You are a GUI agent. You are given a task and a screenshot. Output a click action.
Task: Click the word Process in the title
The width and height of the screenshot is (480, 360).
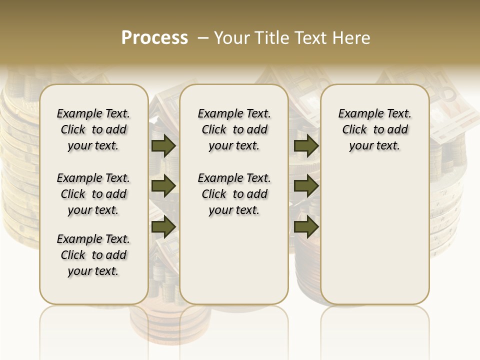(x=154, y=37)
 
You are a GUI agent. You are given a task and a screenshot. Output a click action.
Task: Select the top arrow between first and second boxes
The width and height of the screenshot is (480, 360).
(x=163, y=145)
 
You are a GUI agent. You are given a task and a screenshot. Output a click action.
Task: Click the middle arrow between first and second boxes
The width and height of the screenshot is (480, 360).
(x=163, y=186)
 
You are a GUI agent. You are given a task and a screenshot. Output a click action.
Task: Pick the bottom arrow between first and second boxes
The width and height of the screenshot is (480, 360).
(x=163, y=226)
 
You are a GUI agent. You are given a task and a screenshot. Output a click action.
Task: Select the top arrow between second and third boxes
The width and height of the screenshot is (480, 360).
(x=306, y=145)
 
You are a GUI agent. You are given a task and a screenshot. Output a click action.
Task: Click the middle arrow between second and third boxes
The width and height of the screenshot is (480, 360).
(x=306, y=186)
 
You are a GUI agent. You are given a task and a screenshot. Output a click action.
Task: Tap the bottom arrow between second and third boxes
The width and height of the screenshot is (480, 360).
(x=306, y=226)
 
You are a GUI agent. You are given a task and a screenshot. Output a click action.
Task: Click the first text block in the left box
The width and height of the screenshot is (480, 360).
(x=93, y=129)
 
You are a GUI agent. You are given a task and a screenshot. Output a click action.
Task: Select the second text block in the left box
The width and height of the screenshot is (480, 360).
(x=93, y=194)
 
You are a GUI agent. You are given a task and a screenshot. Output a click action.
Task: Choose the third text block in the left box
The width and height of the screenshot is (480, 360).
(x=93, y=255)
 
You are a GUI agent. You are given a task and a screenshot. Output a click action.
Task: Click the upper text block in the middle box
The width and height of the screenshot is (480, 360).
(x=234, y=129)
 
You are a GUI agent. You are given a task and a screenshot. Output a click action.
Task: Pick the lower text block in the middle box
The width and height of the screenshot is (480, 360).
(x=234, y=194)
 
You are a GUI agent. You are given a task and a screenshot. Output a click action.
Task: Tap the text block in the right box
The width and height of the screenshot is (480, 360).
(x=374, y=129)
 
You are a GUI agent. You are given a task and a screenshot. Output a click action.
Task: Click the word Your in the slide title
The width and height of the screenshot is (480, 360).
(x=230, y=38)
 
